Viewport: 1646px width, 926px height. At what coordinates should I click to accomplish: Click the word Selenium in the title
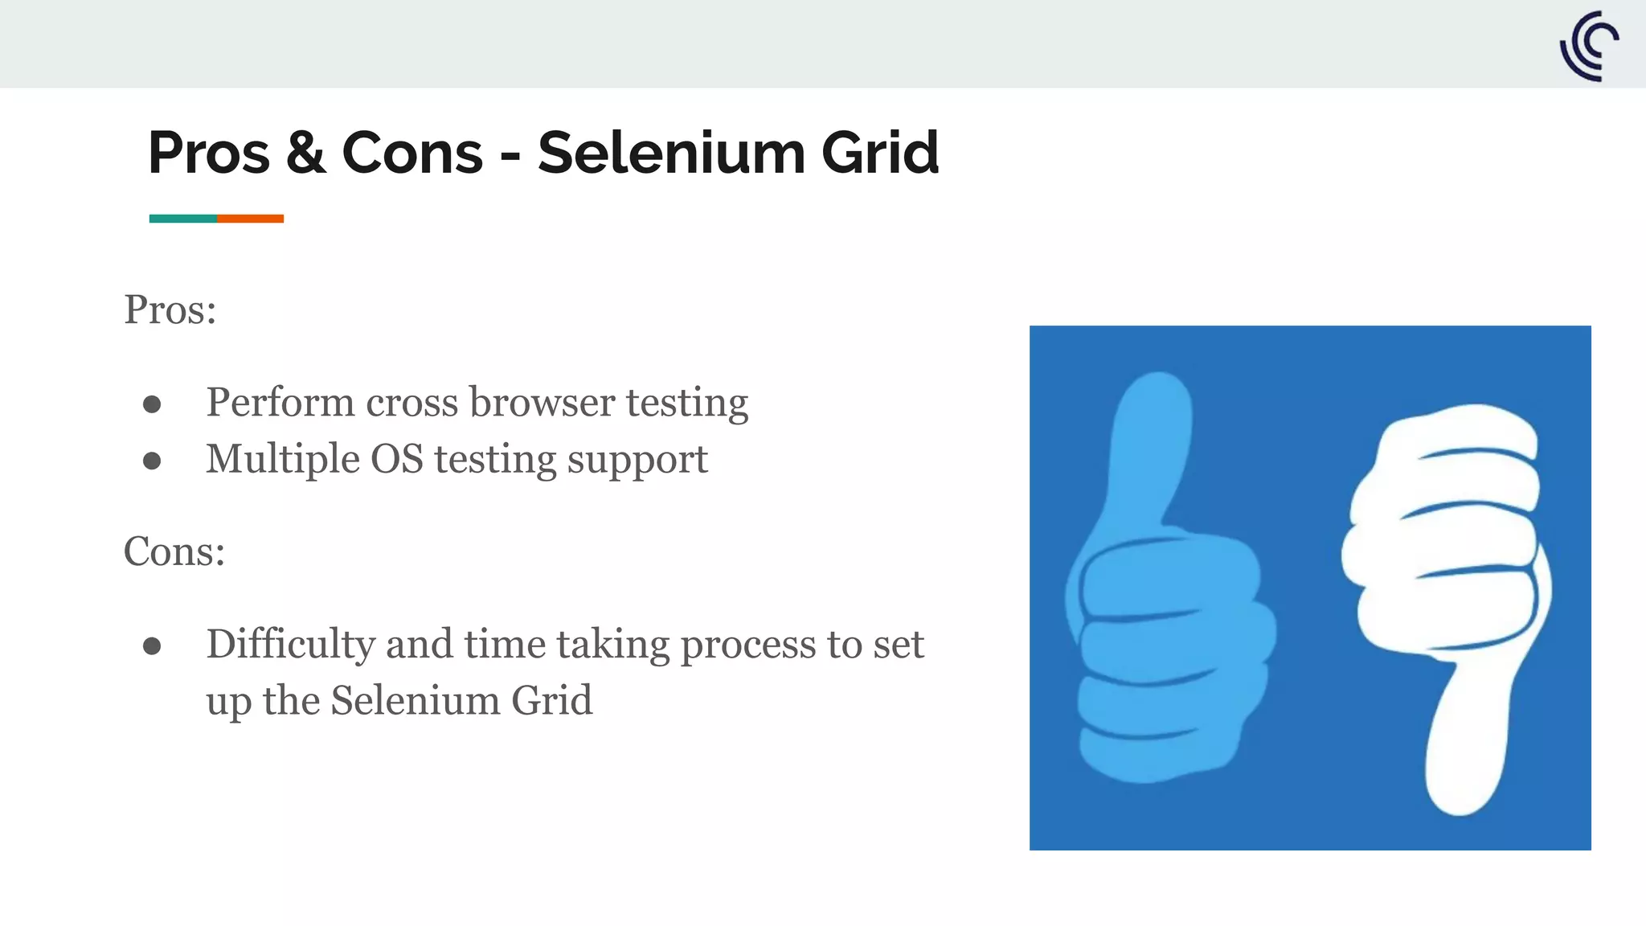(x=670, y=153)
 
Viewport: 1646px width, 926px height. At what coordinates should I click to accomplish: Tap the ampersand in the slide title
(x=306, y=153)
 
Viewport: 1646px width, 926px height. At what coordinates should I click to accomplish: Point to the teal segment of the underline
(x=183, y=219)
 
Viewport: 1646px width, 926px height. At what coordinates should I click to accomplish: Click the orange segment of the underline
(x=250, y=219)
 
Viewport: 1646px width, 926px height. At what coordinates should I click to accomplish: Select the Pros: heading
(x=170, y=309)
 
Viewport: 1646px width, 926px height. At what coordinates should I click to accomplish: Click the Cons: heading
(x=174, y=551)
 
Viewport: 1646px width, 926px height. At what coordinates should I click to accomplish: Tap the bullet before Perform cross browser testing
(x=152, y=404)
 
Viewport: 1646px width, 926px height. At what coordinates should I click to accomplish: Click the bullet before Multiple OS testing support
(x=152, y=461)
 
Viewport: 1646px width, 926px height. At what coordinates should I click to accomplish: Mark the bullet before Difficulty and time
(x=152, y=645)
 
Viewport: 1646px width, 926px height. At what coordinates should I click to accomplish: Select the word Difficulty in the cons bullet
(x=290, y=644)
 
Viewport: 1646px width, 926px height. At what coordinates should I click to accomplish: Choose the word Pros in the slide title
(x=209, y=153)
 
